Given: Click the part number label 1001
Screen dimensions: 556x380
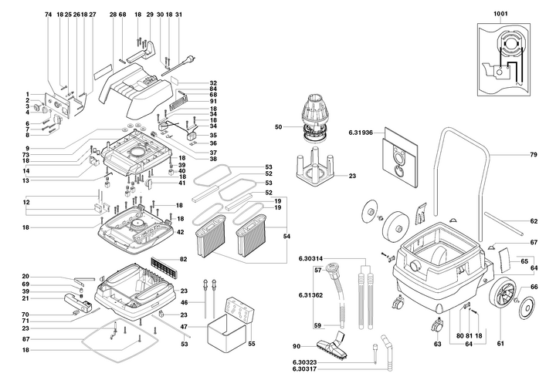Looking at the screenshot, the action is [500, 14].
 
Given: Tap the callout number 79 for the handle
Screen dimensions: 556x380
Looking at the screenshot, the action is [534, 155].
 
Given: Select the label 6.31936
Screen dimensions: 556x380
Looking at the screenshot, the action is [361, 133].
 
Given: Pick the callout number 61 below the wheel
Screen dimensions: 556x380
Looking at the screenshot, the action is [500, 344].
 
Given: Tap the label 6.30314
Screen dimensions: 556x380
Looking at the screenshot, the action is [310, 259].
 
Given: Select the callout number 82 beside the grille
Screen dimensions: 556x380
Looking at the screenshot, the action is [183, 259].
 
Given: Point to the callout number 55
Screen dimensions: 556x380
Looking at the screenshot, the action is [252, 344].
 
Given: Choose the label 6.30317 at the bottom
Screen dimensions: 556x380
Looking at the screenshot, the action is [304, 369].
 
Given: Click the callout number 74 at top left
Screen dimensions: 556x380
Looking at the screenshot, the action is [48, 15].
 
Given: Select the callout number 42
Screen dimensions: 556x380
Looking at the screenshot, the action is [181, 232].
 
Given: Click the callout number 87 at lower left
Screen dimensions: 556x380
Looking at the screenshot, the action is [25, 339].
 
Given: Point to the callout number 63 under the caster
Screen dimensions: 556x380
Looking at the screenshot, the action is [438, 344].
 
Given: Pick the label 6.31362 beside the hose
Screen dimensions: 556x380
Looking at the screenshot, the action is [310, 295].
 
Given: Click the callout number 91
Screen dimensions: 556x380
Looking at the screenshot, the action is [213, 102].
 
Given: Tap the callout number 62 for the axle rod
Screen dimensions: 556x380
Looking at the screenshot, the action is [534, 221].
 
